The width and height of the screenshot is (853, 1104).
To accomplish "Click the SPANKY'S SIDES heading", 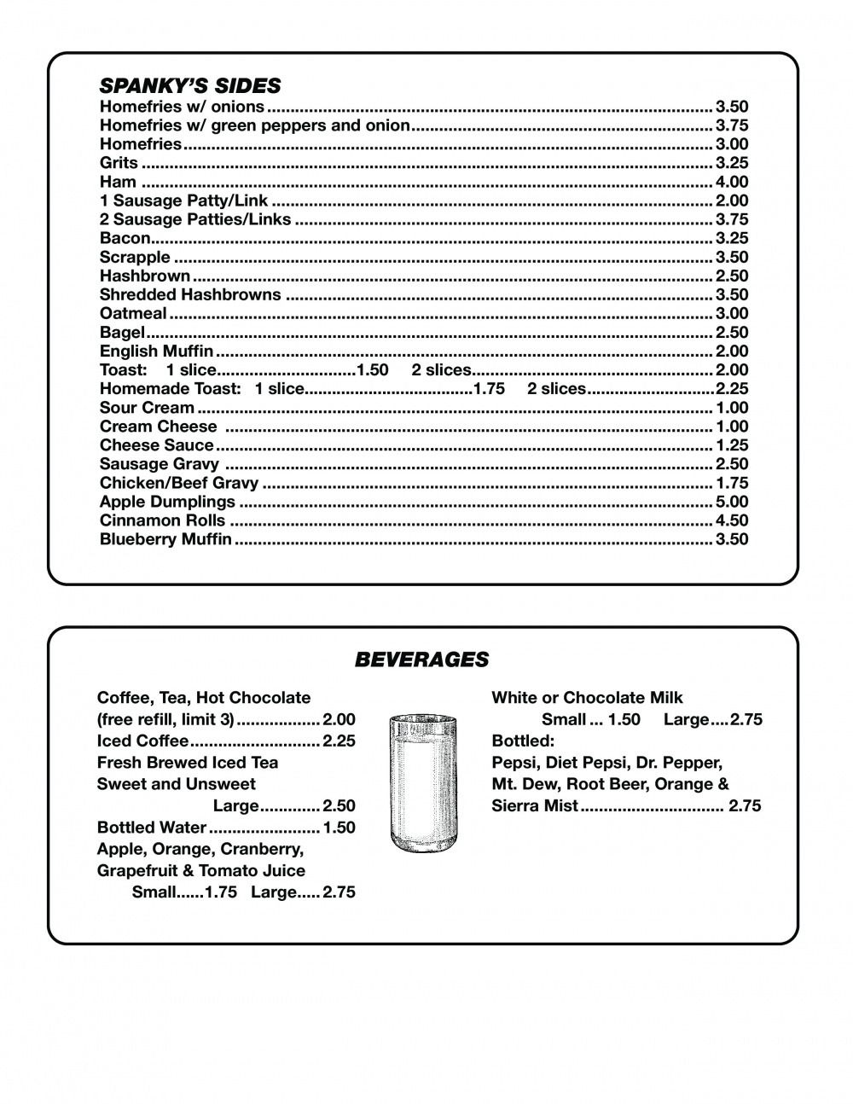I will [189, 85].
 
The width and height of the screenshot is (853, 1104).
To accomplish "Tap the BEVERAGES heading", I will [421, 659].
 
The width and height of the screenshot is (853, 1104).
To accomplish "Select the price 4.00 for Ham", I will [732, 182].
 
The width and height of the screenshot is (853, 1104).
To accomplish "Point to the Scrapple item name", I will [135, 257].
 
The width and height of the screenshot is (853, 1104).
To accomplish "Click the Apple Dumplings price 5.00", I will [732, 502].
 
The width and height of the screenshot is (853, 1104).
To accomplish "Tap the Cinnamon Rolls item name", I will [162, 520].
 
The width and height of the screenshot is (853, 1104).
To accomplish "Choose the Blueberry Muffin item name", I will [165, 539].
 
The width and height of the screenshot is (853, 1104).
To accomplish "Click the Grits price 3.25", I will [732, 163].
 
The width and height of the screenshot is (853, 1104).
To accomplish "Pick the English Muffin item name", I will [156, 351].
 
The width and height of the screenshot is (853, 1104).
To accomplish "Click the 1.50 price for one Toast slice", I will [372, 370].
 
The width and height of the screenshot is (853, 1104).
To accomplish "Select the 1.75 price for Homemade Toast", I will [489, 389].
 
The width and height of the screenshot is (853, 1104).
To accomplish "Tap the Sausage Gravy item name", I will [159, 464].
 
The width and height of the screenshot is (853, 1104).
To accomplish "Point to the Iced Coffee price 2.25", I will [339, 741].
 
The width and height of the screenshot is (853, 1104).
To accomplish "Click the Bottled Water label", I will [151, 828].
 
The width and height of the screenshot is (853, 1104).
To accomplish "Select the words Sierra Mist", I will [535, 805].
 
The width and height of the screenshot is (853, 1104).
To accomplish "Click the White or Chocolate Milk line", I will [587, 698].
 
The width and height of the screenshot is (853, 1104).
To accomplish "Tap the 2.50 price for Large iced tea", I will [339, 805].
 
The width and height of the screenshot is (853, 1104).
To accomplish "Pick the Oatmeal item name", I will [133, 313].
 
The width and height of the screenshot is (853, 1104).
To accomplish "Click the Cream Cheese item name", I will [158, 427].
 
